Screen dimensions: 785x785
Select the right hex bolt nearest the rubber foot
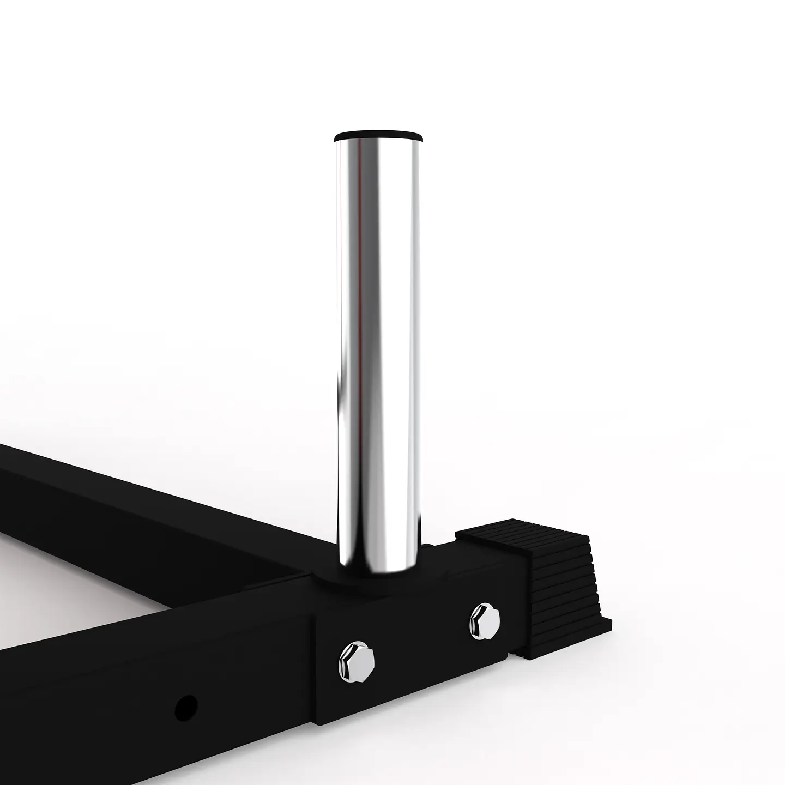click(x=484, y=621)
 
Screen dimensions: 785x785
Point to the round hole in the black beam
click(x=186, y=707)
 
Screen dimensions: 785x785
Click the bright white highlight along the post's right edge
click(x=416, y=327)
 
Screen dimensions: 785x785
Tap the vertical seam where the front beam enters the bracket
click(x=313, y=671)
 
